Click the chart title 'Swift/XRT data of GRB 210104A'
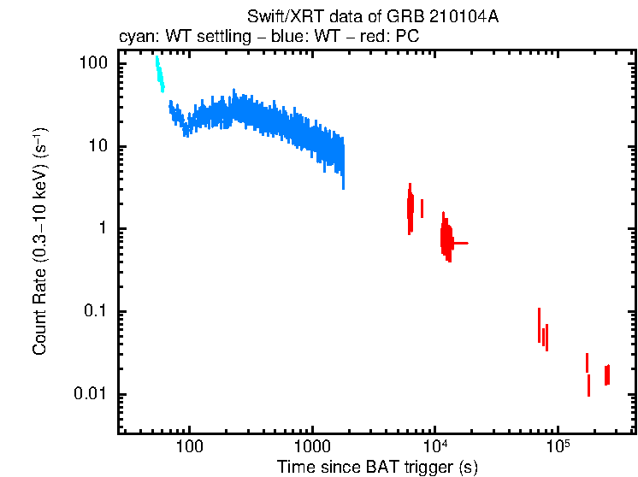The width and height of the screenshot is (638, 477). point(372,17)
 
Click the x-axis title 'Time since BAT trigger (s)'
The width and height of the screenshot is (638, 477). point(377,467)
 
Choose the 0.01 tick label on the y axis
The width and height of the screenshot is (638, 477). point(90,394)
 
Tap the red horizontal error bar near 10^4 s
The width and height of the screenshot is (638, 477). point(459,244)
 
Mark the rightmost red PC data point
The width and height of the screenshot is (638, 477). point(607,374)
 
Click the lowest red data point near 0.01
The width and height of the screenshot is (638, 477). point(588,386)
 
